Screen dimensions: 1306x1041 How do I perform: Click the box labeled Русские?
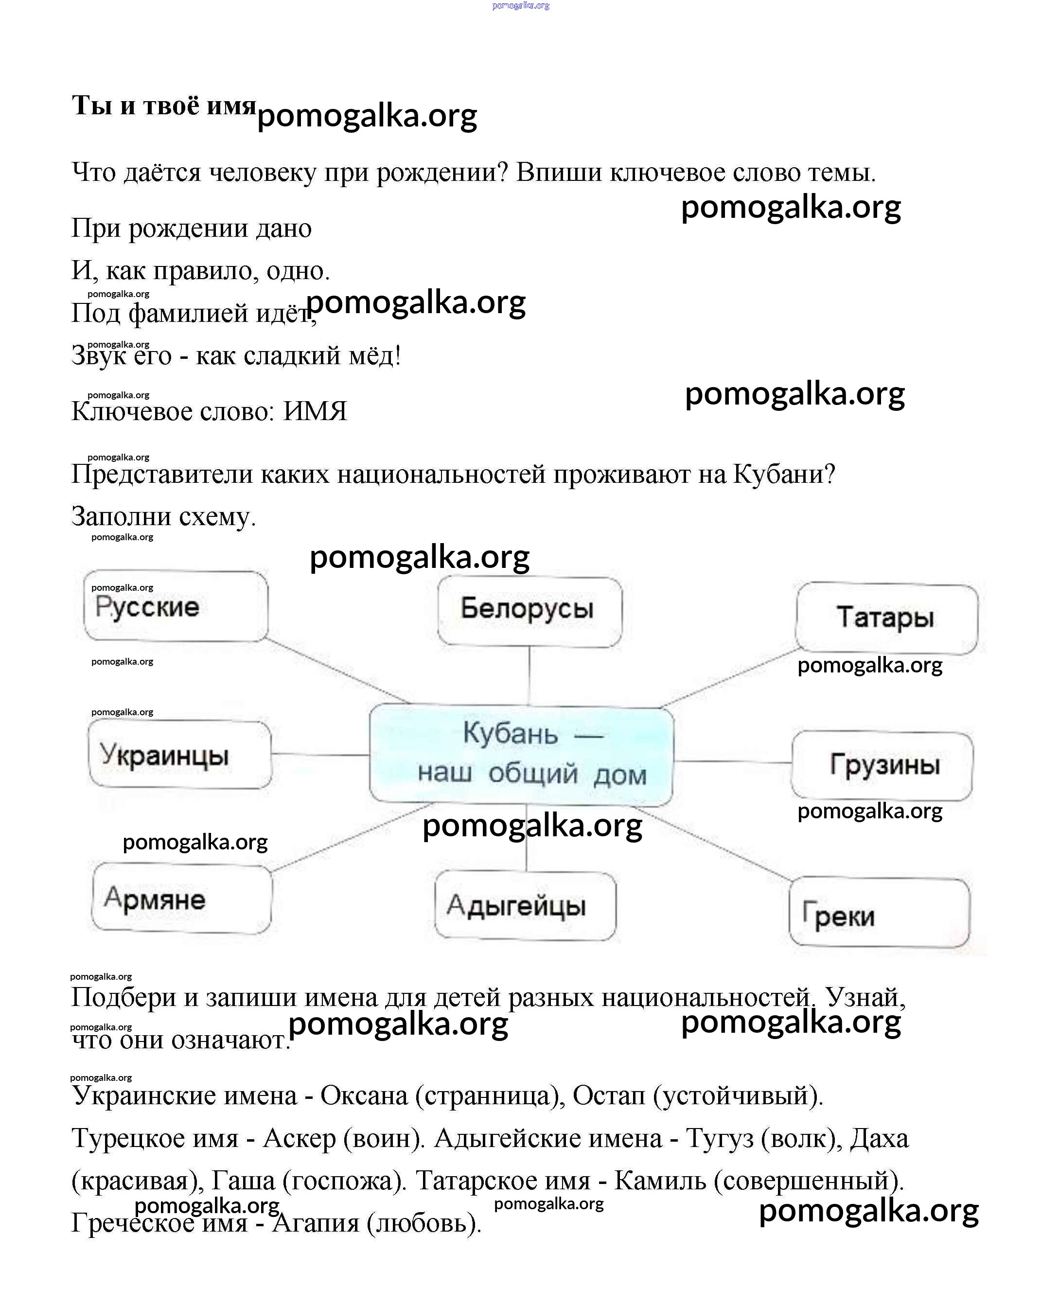[x=175, y=606]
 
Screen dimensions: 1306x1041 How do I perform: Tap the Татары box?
[x=886, y=618]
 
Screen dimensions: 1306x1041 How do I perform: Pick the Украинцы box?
[x=179, y=754]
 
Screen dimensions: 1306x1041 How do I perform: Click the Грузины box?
[x=882, y=765]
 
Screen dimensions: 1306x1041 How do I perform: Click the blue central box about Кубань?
[x=521, y=755]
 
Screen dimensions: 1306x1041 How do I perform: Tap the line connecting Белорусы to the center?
[x=529, y=675]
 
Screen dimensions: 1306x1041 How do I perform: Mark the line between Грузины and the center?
[x=733, y=761]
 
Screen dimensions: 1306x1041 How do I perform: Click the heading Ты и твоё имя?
[x=163, y=106]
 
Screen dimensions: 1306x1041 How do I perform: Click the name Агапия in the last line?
[x=315, y=1223]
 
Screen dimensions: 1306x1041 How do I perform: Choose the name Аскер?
[x=299, y=1138]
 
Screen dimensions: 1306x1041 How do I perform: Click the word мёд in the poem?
[x=371, y=355]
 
